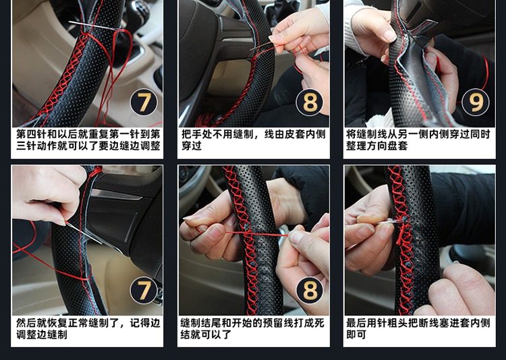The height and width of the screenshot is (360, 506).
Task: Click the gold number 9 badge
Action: (x=475, y=102)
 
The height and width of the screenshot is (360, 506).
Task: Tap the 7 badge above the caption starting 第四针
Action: (x=144, y=102)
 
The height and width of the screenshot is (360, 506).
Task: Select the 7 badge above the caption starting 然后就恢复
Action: (x=144, y=290)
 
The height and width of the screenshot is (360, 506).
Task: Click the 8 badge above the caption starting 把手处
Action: (x=310, y=102)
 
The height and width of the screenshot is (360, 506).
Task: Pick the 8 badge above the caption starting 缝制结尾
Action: (x=310, y=290)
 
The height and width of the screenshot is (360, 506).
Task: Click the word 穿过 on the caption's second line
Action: (x=192, y=146)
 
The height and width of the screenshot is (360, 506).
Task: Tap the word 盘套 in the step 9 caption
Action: (x=397, y=146)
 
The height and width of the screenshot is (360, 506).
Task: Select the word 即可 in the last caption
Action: (x=356, y=334)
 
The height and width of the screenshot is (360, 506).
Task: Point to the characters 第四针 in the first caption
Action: (x=32, y=134)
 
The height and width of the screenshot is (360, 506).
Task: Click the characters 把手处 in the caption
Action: (x=197, y=134)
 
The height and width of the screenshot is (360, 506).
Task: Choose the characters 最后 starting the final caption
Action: (x=357, y=322)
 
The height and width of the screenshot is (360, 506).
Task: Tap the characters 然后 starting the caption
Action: (x=26, y=322)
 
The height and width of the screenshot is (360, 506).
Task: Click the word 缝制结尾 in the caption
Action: (x=201, y=322)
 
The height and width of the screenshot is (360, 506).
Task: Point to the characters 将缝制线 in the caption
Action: (x=367, y=134)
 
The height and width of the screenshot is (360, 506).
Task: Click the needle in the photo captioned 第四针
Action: (x=94, y=26)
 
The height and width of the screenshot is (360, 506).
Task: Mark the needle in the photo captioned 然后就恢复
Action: (x=84, y=233)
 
